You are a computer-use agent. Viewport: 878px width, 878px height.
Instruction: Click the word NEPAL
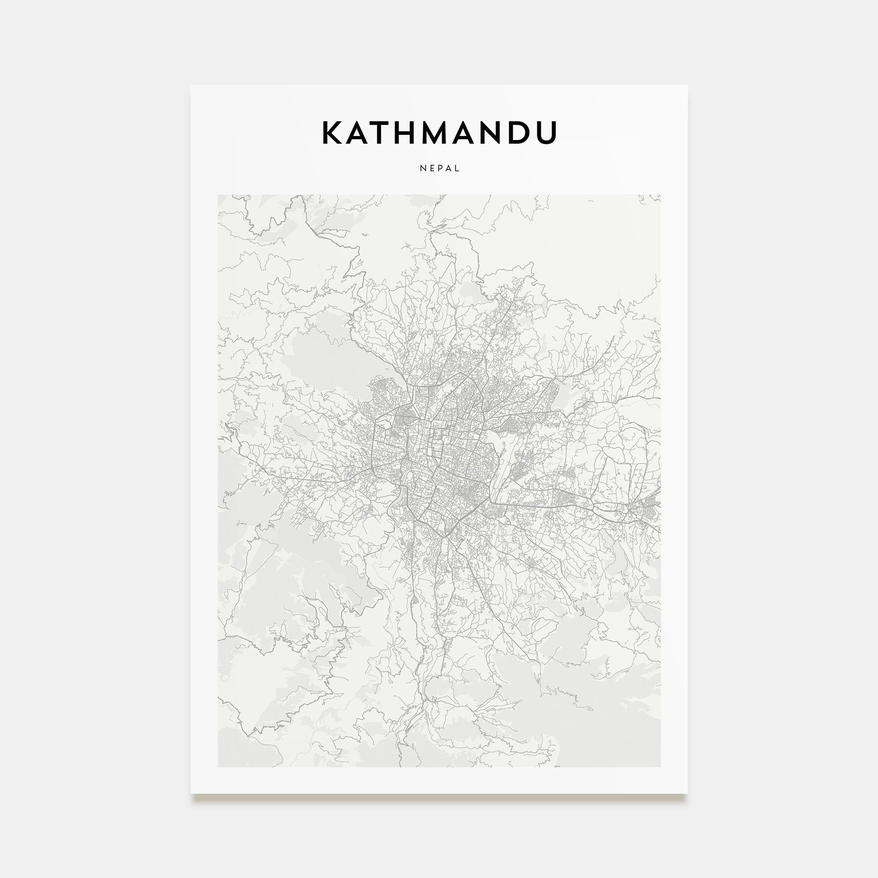439,168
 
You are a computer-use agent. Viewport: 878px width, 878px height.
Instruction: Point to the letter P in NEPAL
440,168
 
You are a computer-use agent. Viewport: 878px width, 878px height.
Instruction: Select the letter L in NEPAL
457,168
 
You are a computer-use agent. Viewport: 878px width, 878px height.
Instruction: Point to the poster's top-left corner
191,86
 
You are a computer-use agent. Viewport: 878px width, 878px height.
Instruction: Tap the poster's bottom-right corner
687,793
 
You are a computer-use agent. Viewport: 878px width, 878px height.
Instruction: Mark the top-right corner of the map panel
660,195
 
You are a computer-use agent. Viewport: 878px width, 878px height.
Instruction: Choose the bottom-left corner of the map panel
218,766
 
